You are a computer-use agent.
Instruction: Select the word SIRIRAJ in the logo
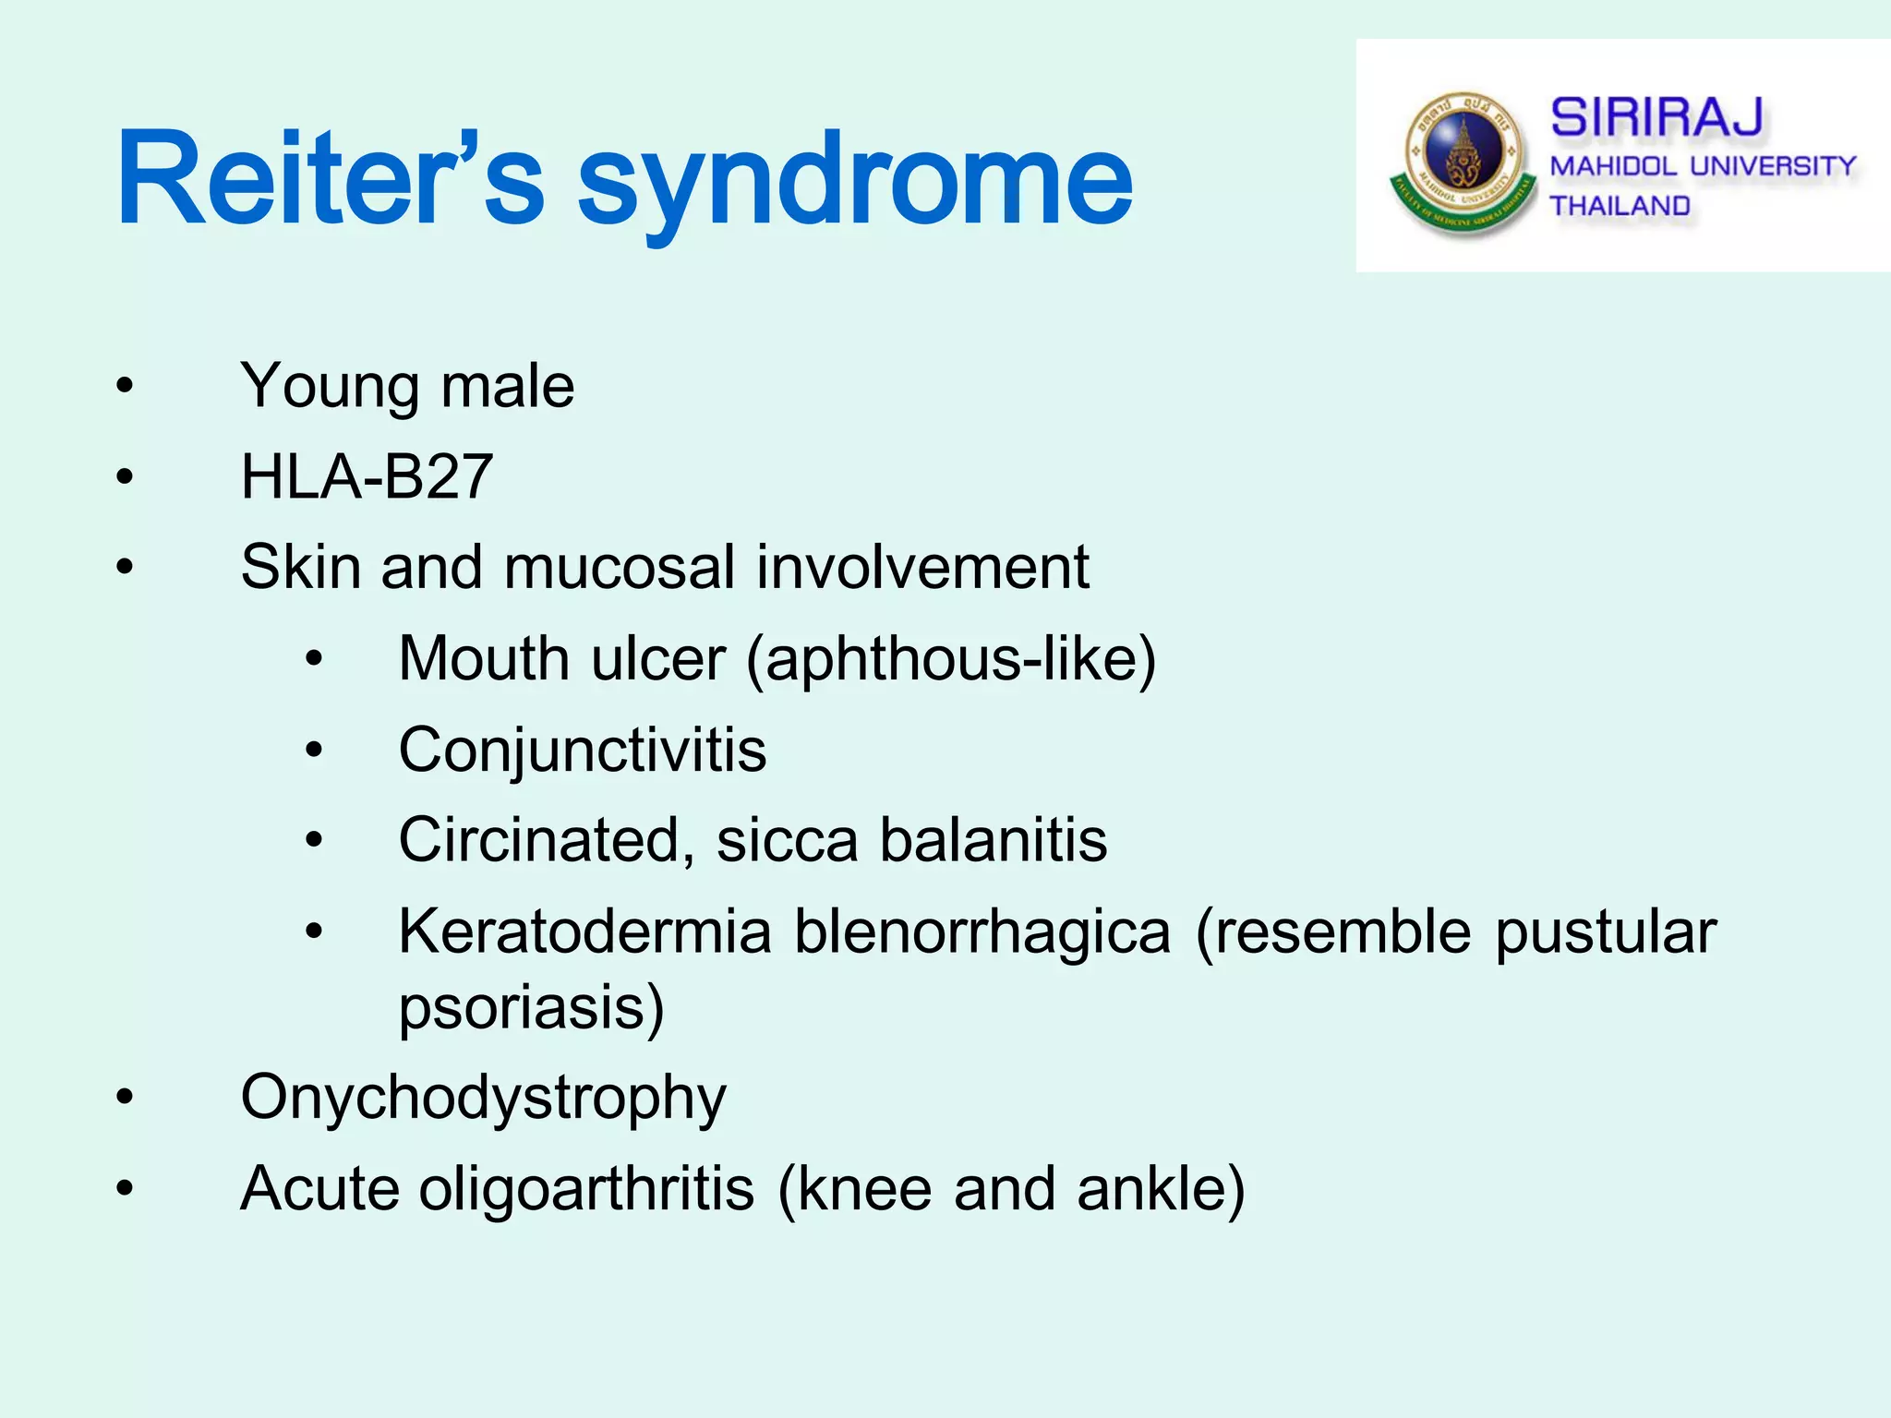point(1656,118)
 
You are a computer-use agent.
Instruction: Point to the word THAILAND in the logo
point(1620,206)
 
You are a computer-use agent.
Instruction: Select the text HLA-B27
point(367,477)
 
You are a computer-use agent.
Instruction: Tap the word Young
point(329,387)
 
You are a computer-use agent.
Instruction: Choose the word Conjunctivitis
point(583,750)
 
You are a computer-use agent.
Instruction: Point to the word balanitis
point(993,840)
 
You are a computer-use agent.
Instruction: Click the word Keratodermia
point(584,931)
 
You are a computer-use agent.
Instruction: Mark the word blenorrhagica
point(982,931)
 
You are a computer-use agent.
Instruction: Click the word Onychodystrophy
point(483,1098)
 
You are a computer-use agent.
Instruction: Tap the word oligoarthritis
point(587,1189)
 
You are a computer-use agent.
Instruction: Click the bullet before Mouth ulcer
point(314,659)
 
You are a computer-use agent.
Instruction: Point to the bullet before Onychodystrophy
point(125,1098)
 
